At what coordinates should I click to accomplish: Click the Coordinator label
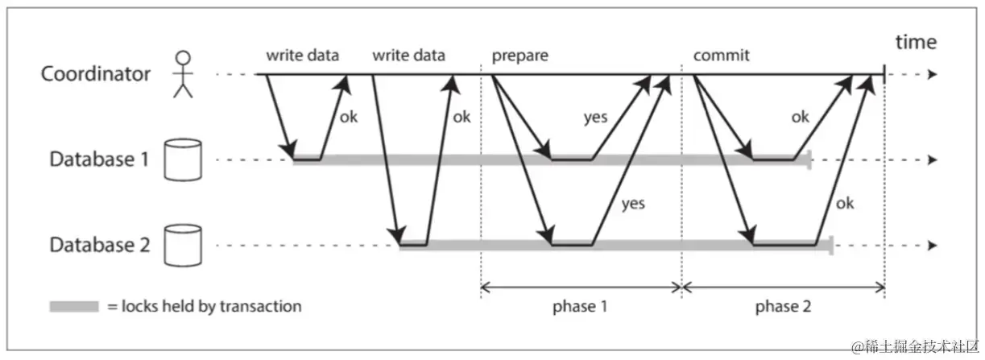pos(96,74)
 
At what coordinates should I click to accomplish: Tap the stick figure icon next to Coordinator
pos(184,74)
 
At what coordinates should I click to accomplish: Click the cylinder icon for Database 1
pos(182,159)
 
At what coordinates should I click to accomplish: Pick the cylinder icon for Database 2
pos(182,245)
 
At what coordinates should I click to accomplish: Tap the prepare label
pos(519,56)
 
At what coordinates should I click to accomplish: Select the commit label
pos(721,56)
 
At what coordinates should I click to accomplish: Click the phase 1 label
pos(581,307)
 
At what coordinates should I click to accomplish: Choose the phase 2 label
pos(783,307)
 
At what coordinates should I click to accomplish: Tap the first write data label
pos(303,56)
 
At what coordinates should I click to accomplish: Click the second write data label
pos(409,56)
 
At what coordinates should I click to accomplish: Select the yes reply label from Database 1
pos(595,118)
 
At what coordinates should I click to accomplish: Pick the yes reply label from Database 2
pos(633,203)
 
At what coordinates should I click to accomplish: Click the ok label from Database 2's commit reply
pos(844,203)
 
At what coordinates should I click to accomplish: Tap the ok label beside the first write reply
pos(348,117)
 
